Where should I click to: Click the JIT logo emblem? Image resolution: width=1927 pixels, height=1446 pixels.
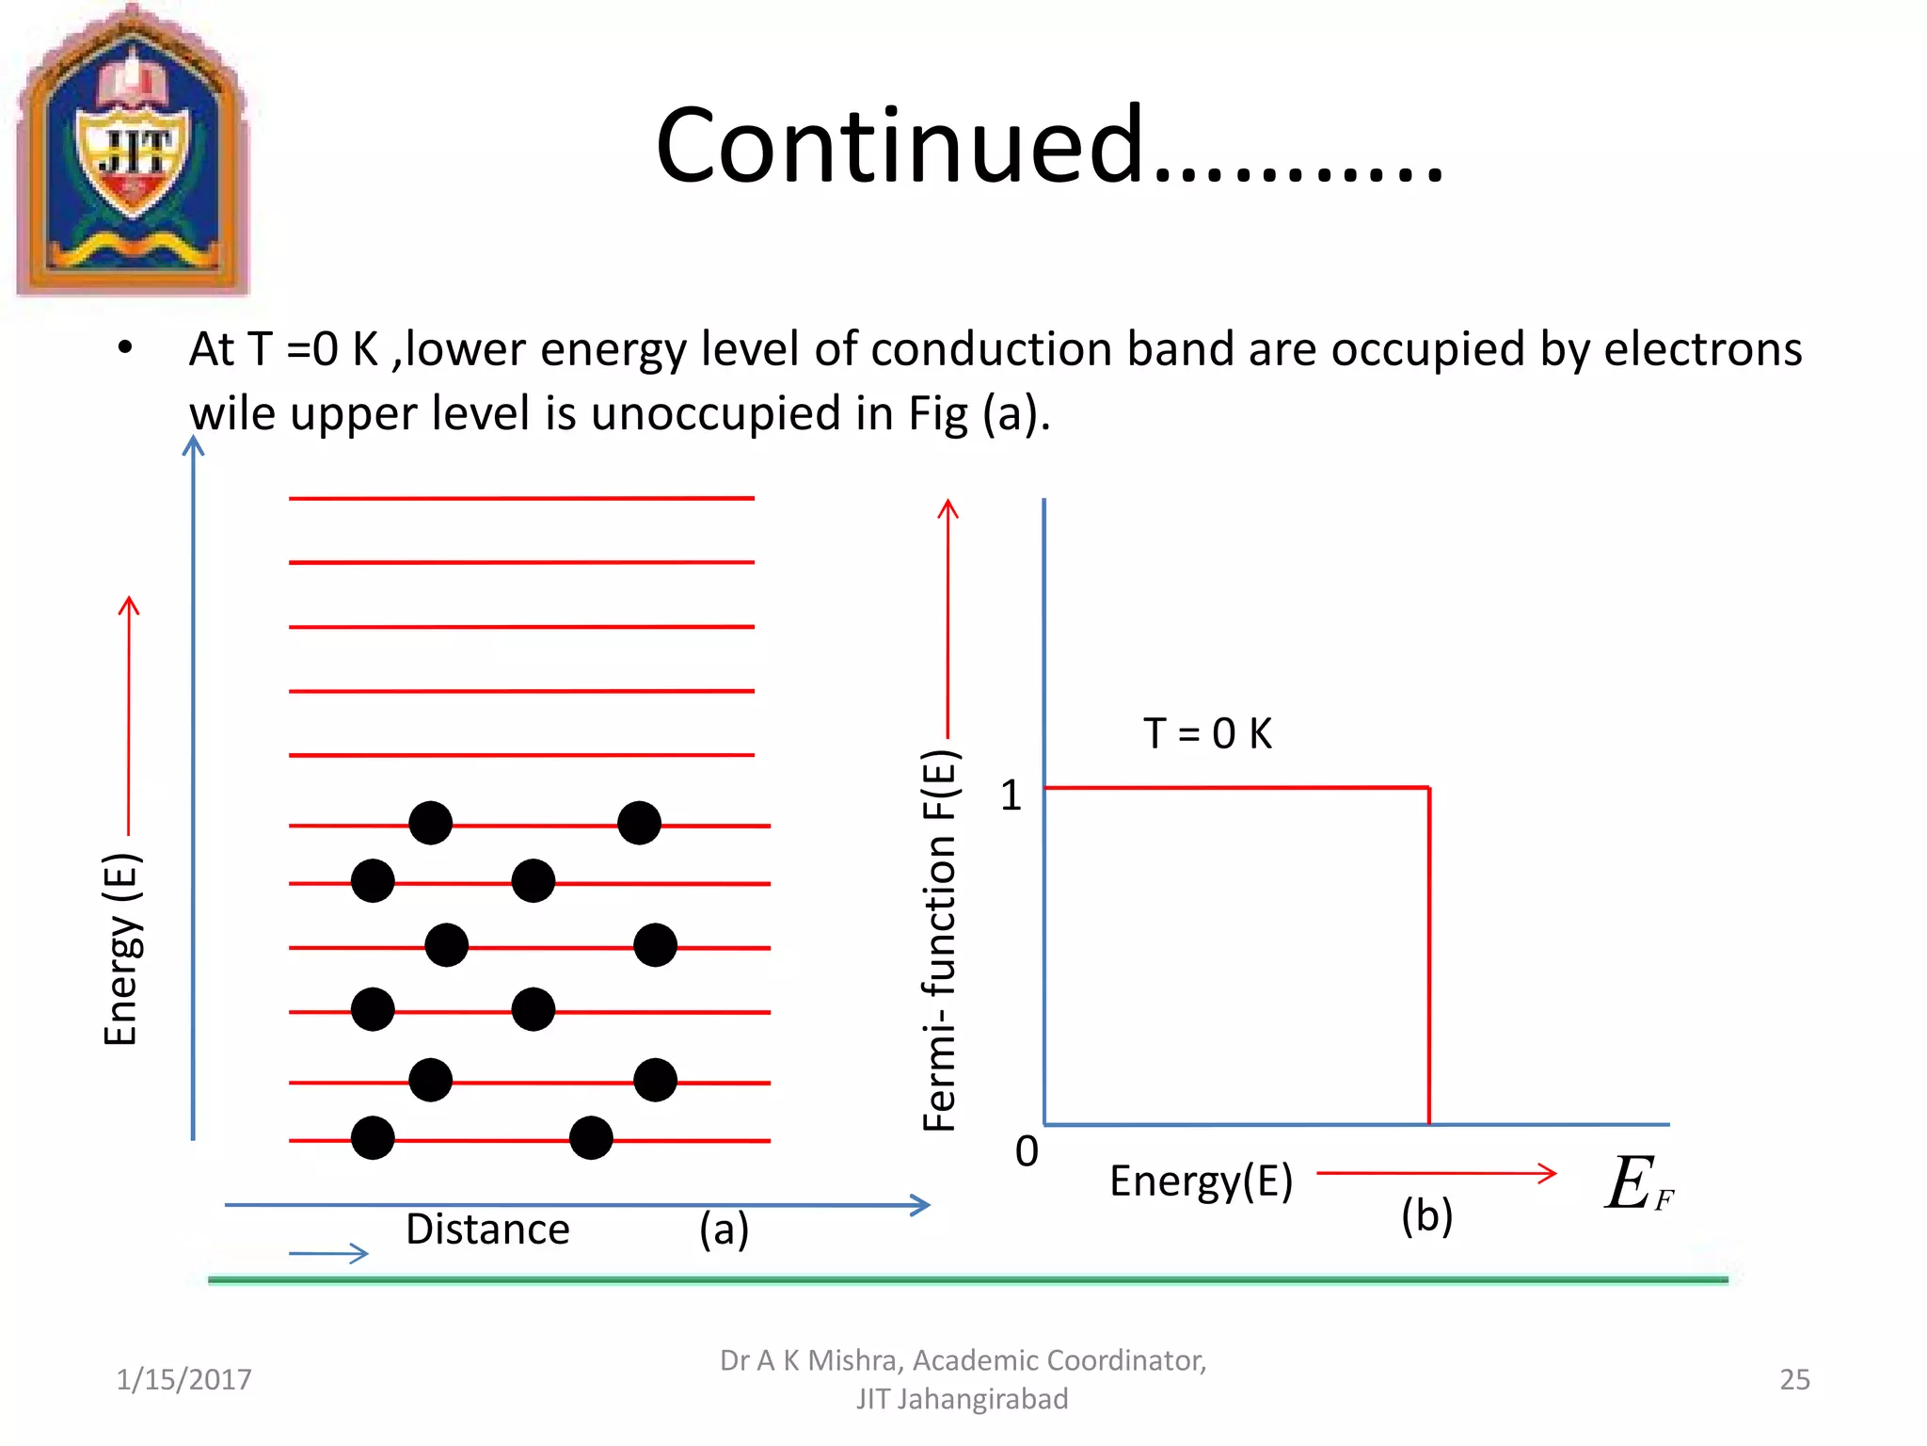pyautogui.click(x=133, y=151)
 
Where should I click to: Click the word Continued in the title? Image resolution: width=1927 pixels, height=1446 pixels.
pyautogui.click(x=899, y=146)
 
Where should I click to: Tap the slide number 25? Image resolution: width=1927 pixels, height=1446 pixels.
pyautogui.click(x=1794, y=1379)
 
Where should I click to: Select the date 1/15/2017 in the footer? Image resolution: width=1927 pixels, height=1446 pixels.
pyautogui.click(x=183, y=1379)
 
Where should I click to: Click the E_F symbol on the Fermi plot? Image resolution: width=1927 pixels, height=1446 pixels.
pyautogui.click(x=1638, y=1184)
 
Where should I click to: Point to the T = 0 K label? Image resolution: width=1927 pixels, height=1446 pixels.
pyautogui.click(x=1207, y=733)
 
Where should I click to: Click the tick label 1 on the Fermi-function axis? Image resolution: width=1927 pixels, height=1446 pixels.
pyautogui.click(x=1011, y=796)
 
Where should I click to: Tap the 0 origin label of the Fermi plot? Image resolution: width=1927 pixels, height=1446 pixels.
pyautogui.click(x=1027, y=1151)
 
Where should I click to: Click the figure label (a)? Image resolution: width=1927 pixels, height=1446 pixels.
pyautogui.click(x=724, y=1229)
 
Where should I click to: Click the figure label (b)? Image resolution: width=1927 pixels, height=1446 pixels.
pyautogui.click(x=1426, y=1215)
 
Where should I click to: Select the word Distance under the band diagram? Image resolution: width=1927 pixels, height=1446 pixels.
pyautogui.click(x=487, y=1229)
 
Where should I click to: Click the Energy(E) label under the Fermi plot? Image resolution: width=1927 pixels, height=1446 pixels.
pyautogui.click(x=1201, y=1181)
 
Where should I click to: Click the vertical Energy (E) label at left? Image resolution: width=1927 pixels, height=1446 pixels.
pyautogui.click(x=120, y=949)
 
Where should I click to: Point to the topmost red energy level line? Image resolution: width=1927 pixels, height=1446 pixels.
pyautogui.click(x=521, y=498)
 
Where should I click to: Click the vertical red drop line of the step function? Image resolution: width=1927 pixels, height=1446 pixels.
pyautogui.click(x=1428, y=956)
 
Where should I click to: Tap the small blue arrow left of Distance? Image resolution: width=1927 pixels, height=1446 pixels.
pyautogui.click(x=328, y=1253)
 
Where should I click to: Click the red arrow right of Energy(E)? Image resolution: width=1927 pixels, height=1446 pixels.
pyautogui.click(x=1436, y=1173)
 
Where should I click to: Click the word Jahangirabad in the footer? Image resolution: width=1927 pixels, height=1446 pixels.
pyautogui.click(x=981, y=1399)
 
